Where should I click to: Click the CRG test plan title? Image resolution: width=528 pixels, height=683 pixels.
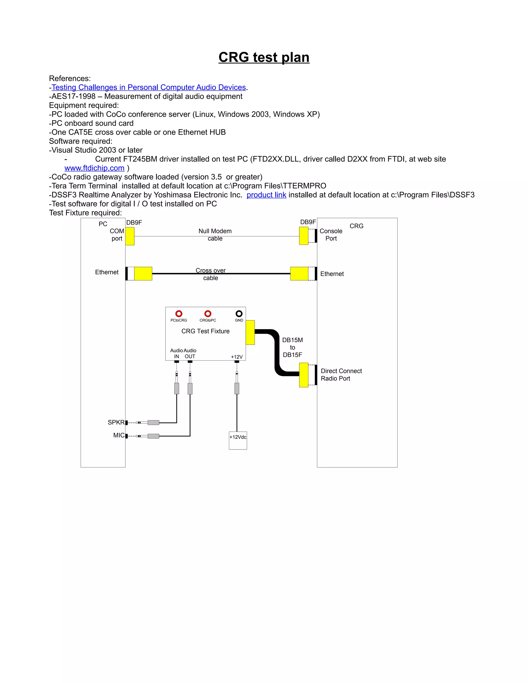264,57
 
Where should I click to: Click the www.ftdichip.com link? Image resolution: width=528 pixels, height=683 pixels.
94,168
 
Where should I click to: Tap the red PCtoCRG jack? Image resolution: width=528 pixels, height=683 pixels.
179,313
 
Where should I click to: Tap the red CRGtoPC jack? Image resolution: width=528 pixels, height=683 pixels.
208,313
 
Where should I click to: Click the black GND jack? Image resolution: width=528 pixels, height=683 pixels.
239,313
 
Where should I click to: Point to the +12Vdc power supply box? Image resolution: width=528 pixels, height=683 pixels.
238,440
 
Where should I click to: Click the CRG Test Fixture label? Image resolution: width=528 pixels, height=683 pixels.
205,331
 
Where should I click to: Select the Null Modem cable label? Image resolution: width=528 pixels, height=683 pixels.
215,235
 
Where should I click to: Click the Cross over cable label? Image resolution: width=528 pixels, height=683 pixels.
211,274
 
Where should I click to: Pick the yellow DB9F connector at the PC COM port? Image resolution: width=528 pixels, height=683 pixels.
130,236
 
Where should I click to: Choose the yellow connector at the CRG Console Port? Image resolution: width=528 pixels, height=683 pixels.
303,236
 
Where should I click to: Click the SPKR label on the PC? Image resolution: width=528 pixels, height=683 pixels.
116,422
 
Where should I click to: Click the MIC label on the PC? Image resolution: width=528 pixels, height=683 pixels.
119,435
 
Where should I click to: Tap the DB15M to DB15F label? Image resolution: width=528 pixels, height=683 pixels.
292,347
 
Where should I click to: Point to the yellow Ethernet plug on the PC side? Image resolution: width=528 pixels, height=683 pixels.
143,274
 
